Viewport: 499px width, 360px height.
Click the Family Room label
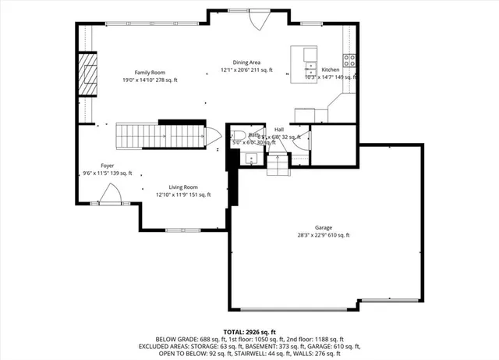point(149,72)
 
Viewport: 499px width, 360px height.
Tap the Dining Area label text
point(246,62)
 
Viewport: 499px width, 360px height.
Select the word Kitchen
point(331,70)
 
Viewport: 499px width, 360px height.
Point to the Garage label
point(323,227)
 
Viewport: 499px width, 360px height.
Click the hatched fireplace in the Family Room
point(87,72)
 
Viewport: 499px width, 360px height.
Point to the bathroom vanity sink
point(251,159)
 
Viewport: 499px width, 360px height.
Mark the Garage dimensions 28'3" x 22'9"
point(323,235)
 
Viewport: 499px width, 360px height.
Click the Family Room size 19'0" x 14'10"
point(149,80)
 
